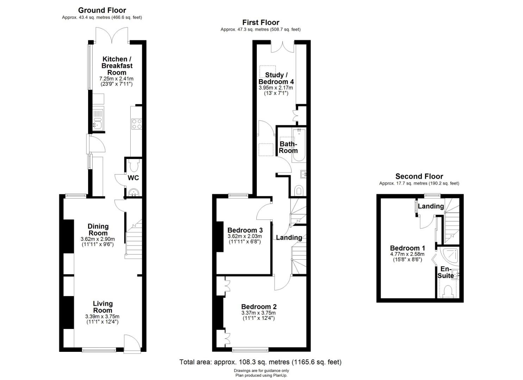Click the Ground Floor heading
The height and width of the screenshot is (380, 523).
tap(102, 10)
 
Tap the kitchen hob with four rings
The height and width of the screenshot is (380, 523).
tap(137, 124)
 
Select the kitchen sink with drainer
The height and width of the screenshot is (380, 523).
tap(98, 119)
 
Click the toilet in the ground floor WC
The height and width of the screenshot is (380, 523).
tap(134, 165)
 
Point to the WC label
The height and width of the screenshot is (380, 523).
tap(133, 178)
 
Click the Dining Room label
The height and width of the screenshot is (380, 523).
tap(98, 230)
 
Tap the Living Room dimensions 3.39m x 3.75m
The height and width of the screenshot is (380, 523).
tap(102, 317)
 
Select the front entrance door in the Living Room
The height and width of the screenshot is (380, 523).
tap(132, 344)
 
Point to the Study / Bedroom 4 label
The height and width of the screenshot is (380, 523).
tap(276, 78)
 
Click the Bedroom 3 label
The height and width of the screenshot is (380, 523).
tap(245, 230)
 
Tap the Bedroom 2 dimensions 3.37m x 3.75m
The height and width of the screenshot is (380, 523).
tap(259, 313)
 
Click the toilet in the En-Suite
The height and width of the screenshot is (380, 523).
tap(448, 291)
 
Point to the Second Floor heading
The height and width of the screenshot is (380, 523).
tap(419, 176)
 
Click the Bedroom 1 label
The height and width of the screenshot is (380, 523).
tap(407, 248)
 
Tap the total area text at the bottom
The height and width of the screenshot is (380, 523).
tap(260, 362)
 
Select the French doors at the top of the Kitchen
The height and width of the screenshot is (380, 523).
tap(112, 36)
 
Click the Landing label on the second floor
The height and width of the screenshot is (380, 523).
tap(431, 206)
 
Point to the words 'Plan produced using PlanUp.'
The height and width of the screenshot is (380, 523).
tap(261, 375)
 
